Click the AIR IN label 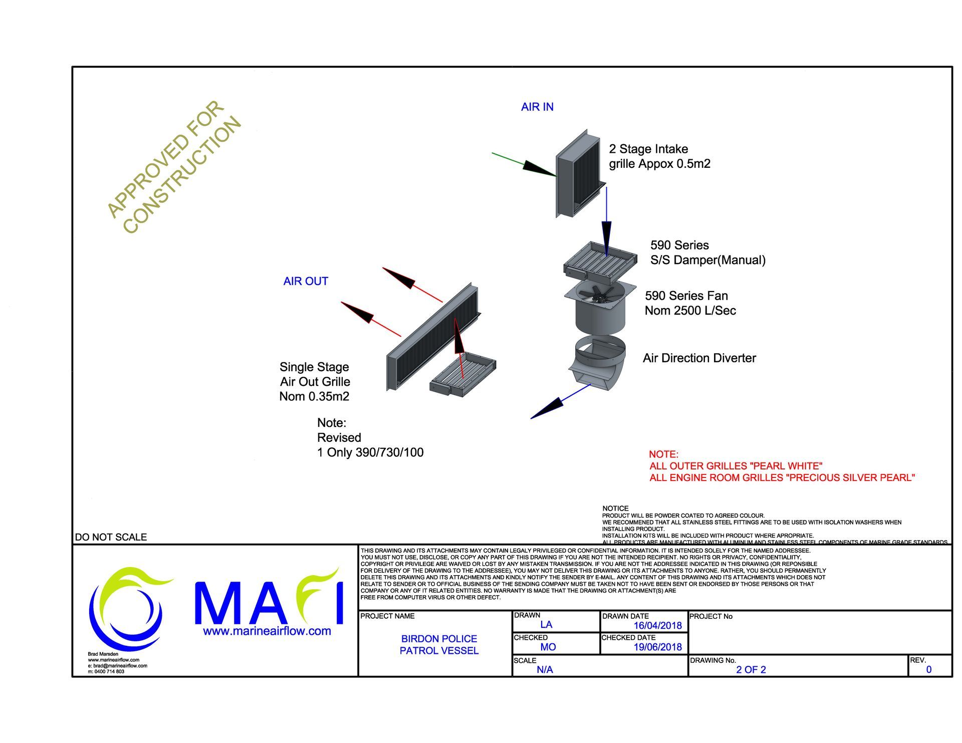pos(537,107)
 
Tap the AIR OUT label pos(306,281)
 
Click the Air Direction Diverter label pos(699,358)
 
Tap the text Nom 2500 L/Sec pos(690,311)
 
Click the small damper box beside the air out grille pos(463,375)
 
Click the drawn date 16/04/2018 pos(657,625)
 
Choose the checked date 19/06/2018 pos(657,647)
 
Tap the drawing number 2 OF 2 pos(751,670)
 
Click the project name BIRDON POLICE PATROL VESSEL pos(439,645)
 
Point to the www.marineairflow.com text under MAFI pos(267,631)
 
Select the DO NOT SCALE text pos(111,537)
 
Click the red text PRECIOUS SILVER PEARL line pos(782,478)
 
